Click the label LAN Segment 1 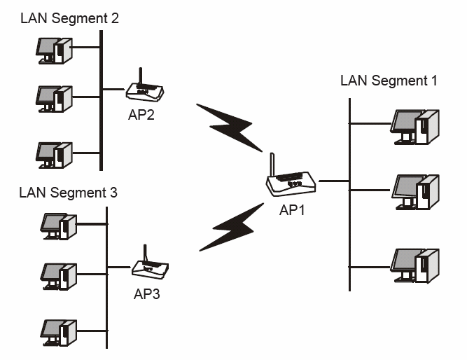[x=389, y=81]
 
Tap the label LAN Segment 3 [x=69, y=191]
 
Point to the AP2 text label [x=141, y=115]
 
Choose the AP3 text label [x=147, y=293]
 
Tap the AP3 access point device [x=150, y=268]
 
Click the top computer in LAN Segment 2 [x=55, y=49]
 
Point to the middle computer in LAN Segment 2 [x=55, y=99]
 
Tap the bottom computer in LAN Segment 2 [x=55, y=153]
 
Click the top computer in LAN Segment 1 [x=415, y=126]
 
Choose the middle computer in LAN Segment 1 [x=415, y=190]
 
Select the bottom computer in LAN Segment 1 [x=415, y=264]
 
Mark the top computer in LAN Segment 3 [x=57, y=226]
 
